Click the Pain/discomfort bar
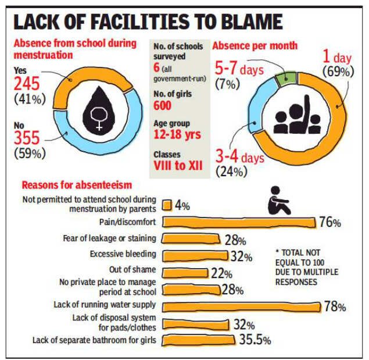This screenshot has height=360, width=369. click(x=238, y=222)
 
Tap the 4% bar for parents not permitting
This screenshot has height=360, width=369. click(x=167, y=205)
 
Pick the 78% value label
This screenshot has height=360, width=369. click(x=335, y=307)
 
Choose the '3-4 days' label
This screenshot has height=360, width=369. click(x=240, y=158)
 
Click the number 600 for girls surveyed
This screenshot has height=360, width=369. click(x=163, y=105)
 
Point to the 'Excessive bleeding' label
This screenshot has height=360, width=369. click(x=123, y=254)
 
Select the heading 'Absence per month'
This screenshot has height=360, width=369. click(x=255, y=45)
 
